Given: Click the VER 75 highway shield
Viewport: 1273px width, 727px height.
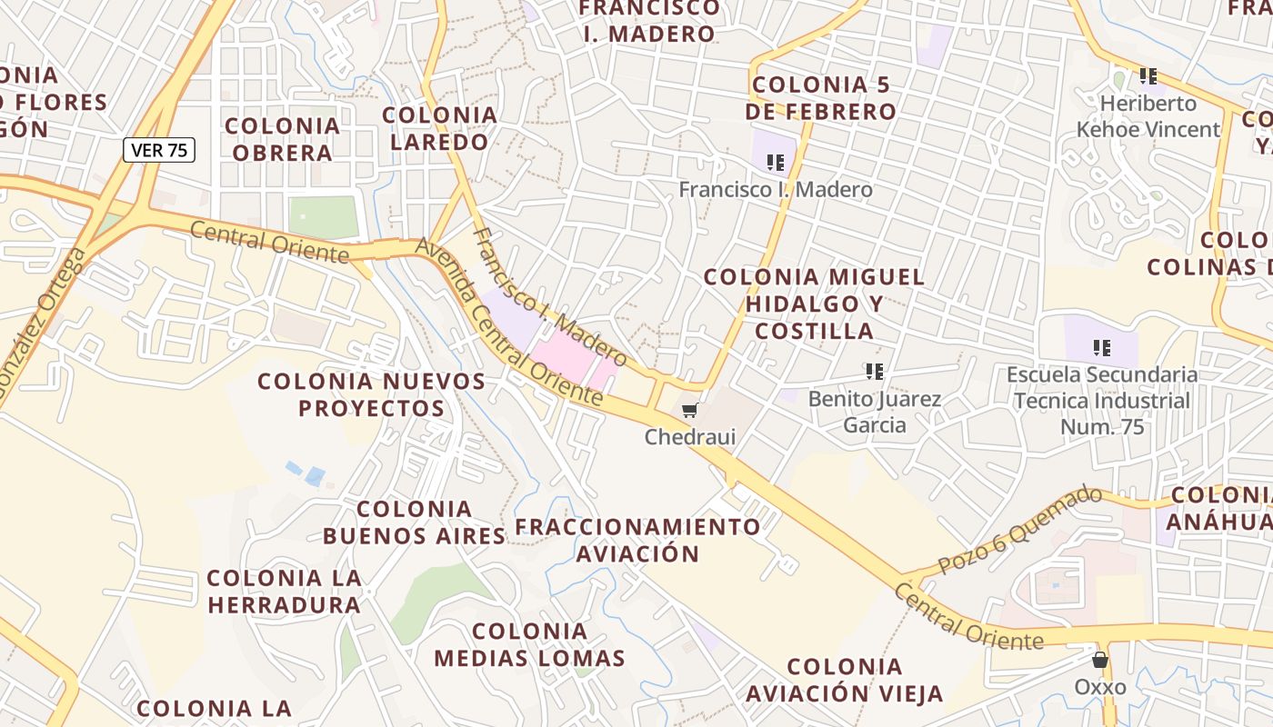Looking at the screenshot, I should (x=159, y=150).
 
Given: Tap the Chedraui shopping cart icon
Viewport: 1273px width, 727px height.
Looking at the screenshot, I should (x=690, y=411).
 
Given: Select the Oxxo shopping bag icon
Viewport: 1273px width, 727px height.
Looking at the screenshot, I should (x=1100, y=660).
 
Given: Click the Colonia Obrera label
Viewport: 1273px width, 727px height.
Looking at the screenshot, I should (x=282, y=139).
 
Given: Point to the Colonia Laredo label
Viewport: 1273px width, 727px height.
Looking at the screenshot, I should (x=440, y=128).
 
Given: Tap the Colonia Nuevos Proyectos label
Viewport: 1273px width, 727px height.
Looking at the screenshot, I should (x=372, y=394).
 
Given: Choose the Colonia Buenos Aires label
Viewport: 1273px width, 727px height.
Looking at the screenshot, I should (x=415, y=523).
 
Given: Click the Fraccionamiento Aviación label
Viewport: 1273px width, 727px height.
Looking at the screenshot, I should (x=638, y=540).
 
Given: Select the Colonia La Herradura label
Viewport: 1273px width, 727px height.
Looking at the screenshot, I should (x=284, y=591).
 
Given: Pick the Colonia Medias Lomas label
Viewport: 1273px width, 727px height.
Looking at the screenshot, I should (x=530, y=644).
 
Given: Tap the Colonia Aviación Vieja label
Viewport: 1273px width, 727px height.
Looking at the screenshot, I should (x=845, y=681).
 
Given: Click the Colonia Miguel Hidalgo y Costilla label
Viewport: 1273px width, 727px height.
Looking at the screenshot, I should (x=815, y=304).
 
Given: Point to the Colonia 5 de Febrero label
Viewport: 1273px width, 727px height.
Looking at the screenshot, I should (x=821, y=98).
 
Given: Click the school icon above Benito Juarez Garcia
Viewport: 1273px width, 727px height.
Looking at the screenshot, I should (x=875, y=372).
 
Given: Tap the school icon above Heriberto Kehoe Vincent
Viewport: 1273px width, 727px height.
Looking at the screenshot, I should (x=1148, y=76).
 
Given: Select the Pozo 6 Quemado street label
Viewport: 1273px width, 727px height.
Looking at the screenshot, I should (x=1019, y=530).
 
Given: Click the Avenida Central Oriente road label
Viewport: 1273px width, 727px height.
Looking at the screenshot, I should (x=508, y=322).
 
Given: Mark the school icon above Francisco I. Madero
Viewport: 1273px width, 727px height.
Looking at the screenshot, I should (x=776, y=163).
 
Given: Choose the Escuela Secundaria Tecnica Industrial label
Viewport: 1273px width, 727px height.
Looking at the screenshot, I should (x=1102, y=400).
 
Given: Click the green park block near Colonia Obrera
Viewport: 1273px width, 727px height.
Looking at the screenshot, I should (x=323, y=218).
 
